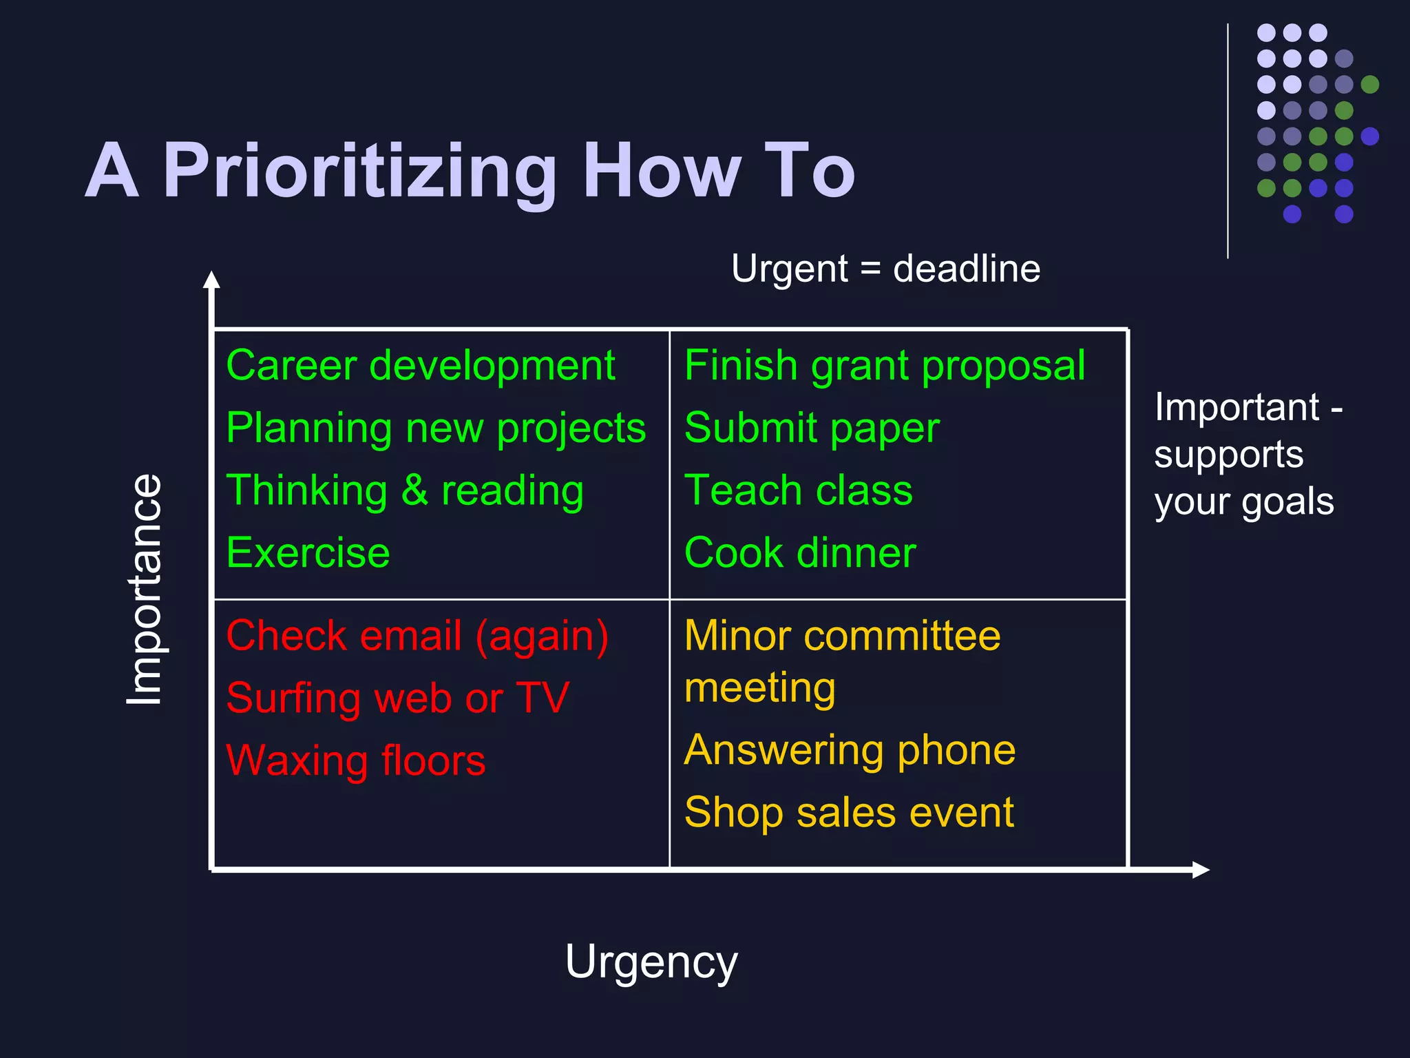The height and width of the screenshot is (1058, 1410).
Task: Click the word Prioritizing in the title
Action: (359, 171)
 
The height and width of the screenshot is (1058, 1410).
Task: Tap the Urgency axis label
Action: (651, 962)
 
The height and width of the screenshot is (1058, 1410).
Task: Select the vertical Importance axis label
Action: (145, 590)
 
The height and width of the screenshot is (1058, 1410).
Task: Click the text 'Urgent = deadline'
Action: (885, 269)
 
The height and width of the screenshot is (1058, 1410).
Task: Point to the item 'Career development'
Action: (420, 365)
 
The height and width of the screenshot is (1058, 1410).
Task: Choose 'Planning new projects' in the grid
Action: (436, 428)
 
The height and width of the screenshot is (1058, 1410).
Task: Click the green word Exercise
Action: (308, 552)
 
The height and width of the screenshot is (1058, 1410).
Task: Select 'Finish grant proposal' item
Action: (885, 365)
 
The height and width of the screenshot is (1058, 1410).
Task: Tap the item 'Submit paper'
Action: (812, 428)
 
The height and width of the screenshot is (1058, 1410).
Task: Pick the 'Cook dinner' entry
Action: (800, 552)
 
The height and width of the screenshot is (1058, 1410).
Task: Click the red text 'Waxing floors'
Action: (355, 760)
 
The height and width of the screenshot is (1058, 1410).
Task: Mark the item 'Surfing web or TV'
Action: (397, 698)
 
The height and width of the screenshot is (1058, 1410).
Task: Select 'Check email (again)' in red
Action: (417, 635)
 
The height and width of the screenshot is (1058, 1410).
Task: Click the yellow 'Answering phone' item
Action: (850, 749)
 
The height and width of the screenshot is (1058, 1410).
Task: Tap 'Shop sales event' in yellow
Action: (849, 812)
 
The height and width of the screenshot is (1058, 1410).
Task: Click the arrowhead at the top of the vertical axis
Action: (212, 280)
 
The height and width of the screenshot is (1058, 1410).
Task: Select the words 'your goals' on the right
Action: (1243, 501)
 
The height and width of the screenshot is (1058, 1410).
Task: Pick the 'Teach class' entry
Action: (798, 490)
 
